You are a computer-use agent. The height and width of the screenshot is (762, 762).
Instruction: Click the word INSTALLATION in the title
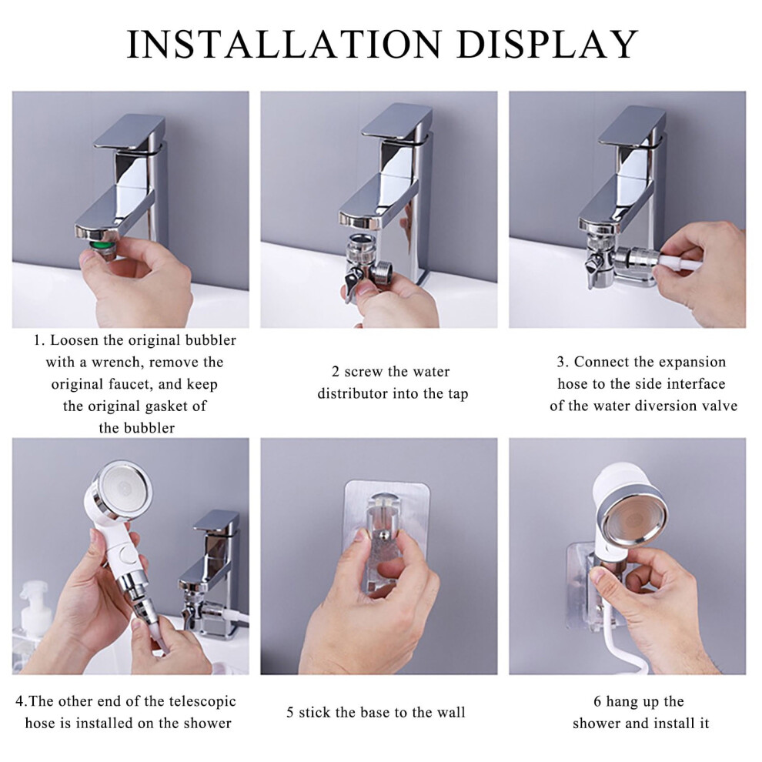pyautogui.click(x=284, y=45)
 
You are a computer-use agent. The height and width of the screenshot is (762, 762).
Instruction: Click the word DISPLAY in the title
pyautogui.click(x=547, y=45)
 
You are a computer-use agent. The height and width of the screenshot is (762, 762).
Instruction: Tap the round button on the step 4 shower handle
pyautogui.click(x=128, y=555)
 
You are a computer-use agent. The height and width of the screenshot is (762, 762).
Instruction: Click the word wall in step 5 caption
pyautogui.click(x=452, y=713)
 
